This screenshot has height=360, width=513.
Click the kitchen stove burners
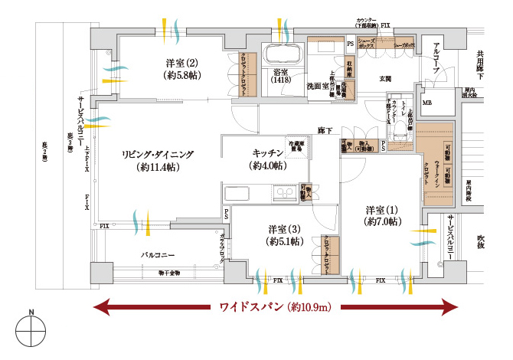[x=289, y=194]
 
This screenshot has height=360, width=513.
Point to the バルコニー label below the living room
[x=159, y=254]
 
